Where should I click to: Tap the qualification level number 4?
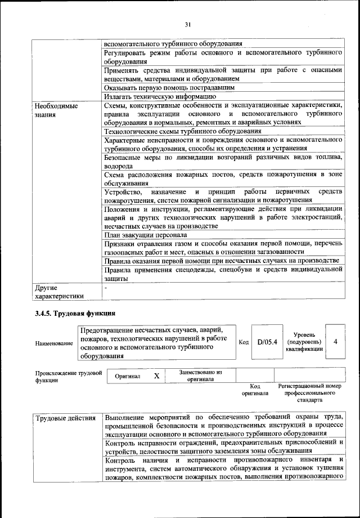click(x=335, y=342)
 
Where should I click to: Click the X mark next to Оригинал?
click(x=157, y=376)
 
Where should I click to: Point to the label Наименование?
click(x=53, y=343)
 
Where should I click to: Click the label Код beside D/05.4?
click(x=244, y=342)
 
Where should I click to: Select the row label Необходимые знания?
click(x=56, y=110)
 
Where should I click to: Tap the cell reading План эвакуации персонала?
click(x=146, y=234)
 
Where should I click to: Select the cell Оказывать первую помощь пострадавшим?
click(x=169, y=87)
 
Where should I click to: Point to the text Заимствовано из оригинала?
click(x=200, y=376)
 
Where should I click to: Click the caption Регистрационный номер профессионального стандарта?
click(x=309, y=393)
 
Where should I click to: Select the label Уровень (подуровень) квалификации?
click(x=304, y=342)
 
